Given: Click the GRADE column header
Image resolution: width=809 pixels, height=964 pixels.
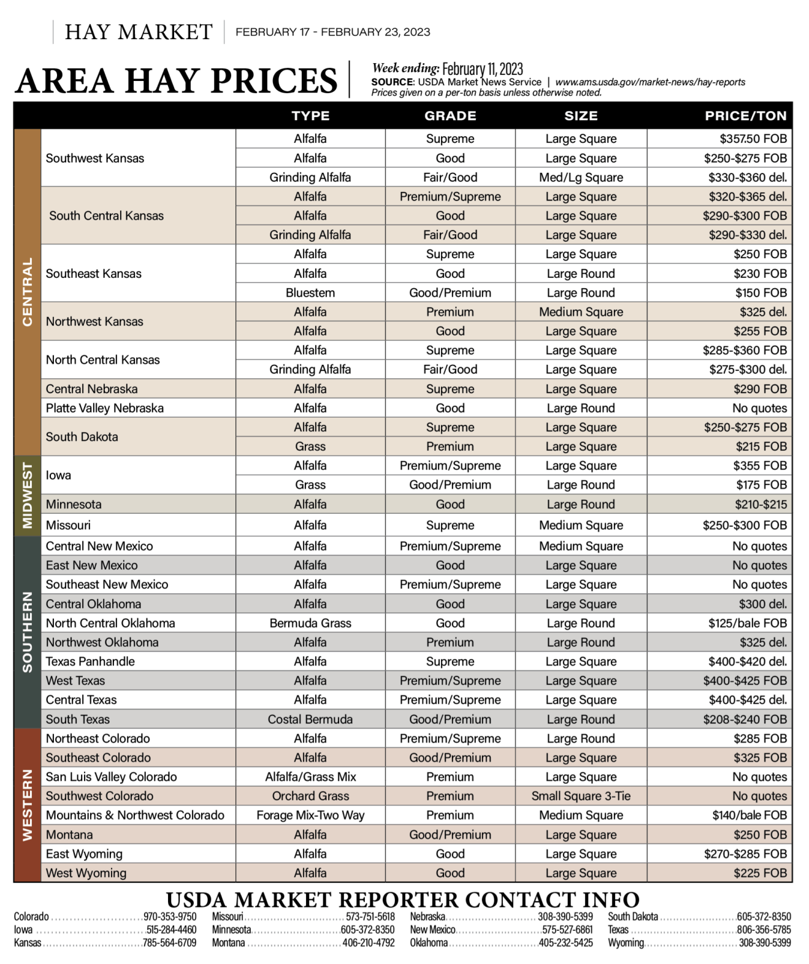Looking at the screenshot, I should tap(450, 116).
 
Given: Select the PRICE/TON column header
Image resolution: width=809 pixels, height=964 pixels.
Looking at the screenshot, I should tap(745, 116).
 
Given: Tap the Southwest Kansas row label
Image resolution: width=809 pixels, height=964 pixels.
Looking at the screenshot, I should tap(95, 158).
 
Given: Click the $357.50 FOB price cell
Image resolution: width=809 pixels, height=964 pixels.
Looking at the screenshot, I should tap(753, 139).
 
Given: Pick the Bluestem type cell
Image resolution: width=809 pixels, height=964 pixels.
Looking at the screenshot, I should tap(310, 293).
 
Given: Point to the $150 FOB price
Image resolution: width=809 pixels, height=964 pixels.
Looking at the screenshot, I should tap(761, 293).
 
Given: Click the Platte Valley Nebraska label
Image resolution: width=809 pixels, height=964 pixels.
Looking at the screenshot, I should tap(105, 408).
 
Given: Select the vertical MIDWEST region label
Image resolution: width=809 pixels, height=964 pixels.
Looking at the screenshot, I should tap(28, 495).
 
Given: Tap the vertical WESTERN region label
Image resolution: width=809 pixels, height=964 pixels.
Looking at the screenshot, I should tap(28, 805).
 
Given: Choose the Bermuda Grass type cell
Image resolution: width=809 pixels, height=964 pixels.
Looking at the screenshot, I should tap(310, 624).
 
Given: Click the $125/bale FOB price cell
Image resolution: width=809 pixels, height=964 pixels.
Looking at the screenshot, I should tap(747, 624).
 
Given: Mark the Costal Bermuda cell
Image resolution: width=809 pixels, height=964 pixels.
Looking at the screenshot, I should tap(310, 719).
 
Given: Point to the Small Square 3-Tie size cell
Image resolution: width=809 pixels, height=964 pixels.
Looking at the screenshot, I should tap(581, 796).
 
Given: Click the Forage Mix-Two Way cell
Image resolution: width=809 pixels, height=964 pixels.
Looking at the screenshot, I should tap(310, 816).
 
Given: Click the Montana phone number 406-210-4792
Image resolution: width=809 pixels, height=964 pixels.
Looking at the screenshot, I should tap(368, 943).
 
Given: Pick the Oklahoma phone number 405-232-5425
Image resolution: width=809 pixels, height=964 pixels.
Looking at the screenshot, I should tap(566, 943).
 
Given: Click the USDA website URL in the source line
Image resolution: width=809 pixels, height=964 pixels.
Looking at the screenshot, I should tap(650, 82).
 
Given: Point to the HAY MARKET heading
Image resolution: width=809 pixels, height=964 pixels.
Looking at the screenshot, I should tap(139, 32).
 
